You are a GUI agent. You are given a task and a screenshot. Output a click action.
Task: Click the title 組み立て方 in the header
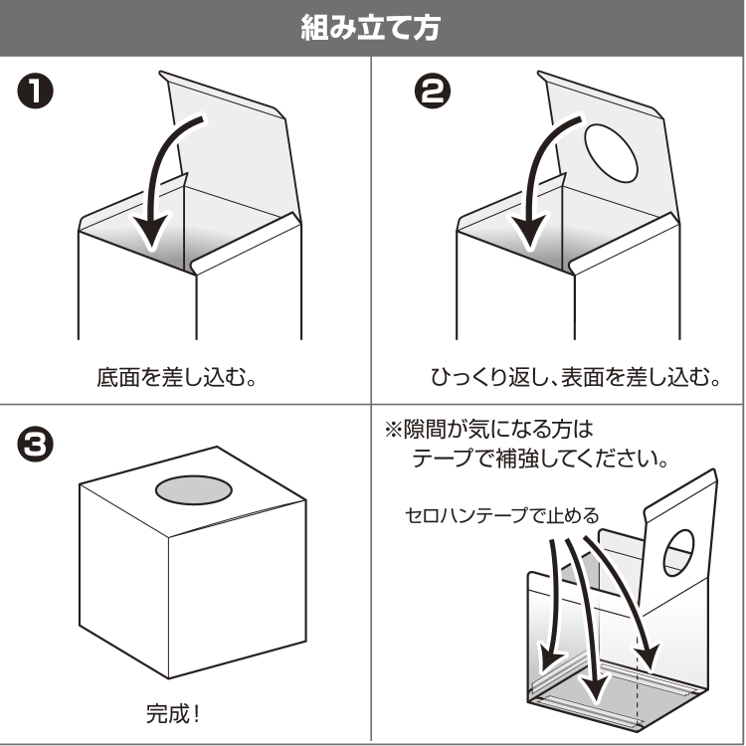click(x=372, y=28)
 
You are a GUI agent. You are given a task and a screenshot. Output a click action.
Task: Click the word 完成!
click(x=173, y=712)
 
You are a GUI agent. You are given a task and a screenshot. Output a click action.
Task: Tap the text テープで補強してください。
click(x=538, y=464)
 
